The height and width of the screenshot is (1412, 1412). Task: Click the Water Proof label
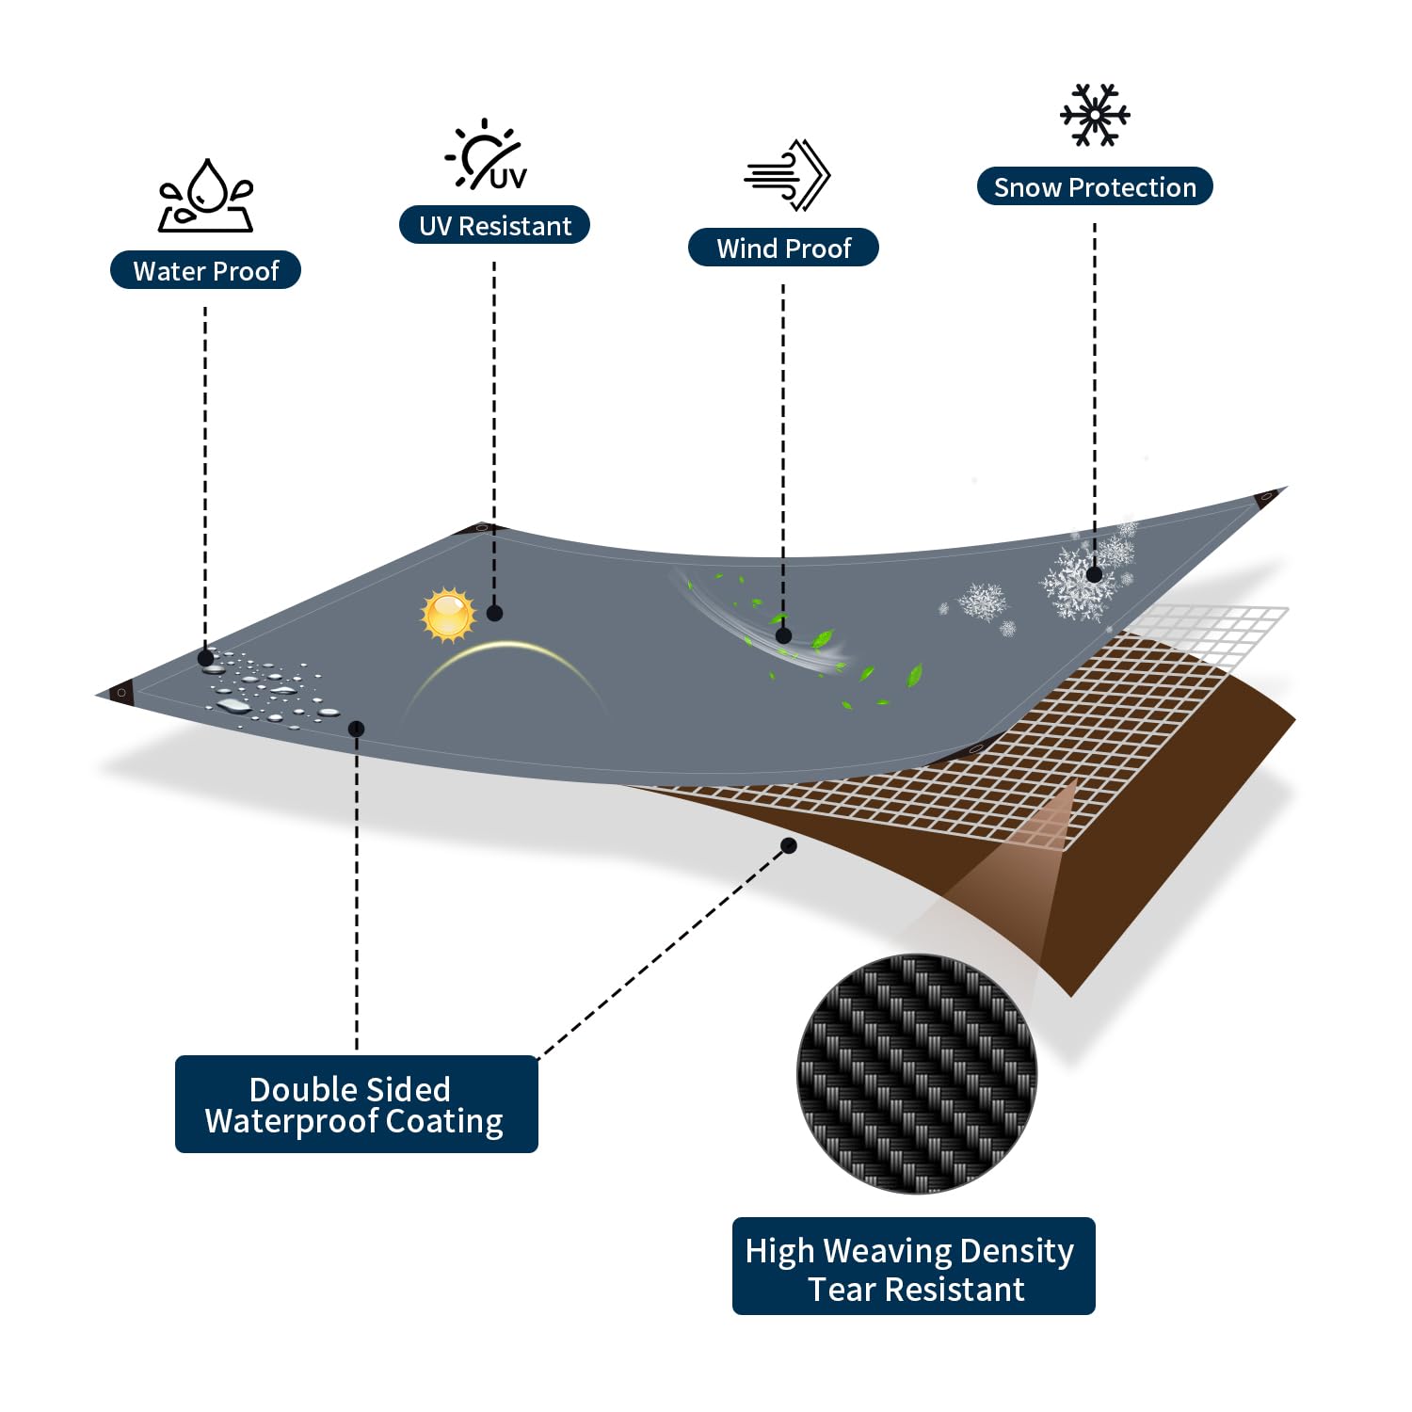click(x=205, y=270)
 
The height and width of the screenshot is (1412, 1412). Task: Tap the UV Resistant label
click(x=494, y=225)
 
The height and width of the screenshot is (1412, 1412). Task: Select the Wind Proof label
click(x=783, y=248)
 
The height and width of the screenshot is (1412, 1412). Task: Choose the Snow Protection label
click(x=1095, y=186)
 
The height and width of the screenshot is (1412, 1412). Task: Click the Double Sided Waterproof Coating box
click(x=356, y=1104)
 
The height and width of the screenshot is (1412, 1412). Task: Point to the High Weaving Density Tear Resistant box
click(x=913, y=1266)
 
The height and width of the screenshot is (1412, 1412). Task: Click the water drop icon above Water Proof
click(x=206, y=195)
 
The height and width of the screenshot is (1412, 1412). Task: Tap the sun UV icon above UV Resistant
click(x=486, y=154)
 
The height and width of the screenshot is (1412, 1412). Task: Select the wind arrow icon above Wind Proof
click(x=787, y=175)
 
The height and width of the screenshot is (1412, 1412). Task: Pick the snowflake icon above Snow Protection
click(x=1095, y=115)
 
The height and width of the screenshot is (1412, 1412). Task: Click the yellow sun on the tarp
click(x=448, y=615)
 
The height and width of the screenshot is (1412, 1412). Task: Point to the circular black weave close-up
click(x=917, y=1074)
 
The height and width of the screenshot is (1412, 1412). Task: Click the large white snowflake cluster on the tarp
click(x=1083, y=576)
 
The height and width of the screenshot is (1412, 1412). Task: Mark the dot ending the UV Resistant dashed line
click(x=495, y=614)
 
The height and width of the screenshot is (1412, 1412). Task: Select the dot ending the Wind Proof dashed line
click(x=784, y=635)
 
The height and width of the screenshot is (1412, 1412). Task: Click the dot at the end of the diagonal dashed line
click(x=789, y=846)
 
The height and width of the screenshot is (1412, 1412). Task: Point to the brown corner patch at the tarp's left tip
click(x=121, y=694)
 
